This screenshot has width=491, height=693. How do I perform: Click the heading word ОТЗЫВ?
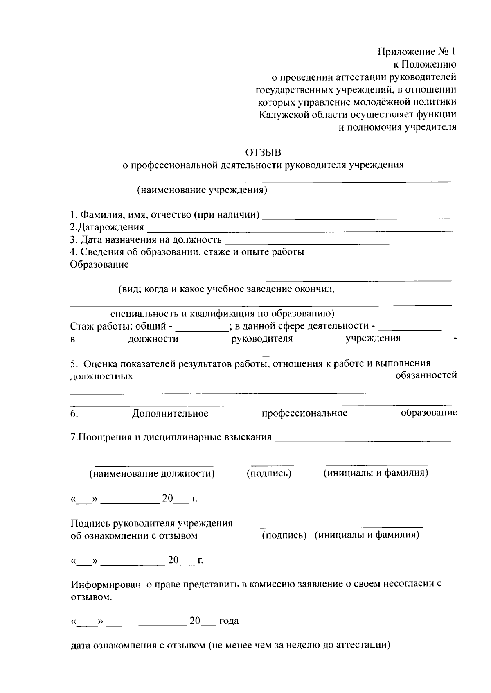pyautogui.click(x=264, y=153)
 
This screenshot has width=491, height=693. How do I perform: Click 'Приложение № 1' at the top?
pyautogui.click(x=417, y=52)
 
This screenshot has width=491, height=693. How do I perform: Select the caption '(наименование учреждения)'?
pyautogui.click(x=202, y=190)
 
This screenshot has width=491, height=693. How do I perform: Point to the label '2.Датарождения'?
pyautogui.click(x=107, y=227)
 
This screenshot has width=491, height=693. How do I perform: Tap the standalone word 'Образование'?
pyautogui.click(x=99, y=264)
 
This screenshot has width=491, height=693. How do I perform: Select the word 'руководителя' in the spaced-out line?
pyautogui.click(x=262, y=339)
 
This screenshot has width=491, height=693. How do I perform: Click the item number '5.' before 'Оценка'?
pyautogui.click(x=74, y=363)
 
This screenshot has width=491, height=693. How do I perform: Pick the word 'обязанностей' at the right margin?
pyautogui.click(x=426, y=375)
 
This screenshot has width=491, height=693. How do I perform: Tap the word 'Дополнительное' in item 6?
pyautogui.click(x=170, y=413)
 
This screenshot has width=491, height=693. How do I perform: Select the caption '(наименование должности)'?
pyautogui.click(x=152, y=474)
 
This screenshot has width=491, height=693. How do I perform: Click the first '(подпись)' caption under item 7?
pyautogui.click(x=269, y=474)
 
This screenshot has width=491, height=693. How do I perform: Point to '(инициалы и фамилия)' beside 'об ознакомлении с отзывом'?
pyautogui.click(x=367, y=535)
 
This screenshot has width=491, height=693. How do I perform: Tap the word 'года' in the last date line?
pyautogui.click(x=229, y=621)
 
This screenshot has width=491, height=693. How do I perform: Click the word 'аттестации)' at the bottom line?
pyautogui.click(x=363, y=646)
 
